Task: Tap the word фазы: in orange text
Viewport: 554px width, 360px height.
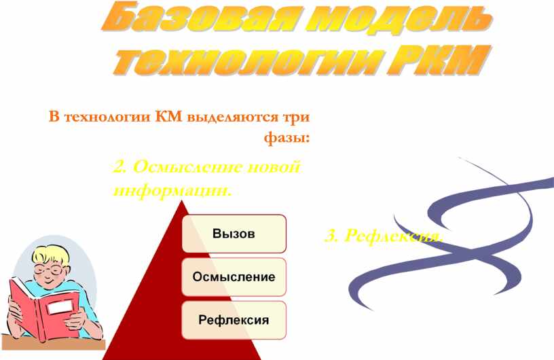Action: click(287, 139)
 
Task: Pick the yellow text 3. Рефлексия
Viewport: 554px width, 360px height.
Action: click(384, 236)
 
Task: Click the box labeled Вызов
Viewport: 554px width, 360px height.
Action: click(233, 234)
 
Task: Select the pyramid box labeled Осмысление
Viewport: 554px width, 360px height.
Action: click(233, 277)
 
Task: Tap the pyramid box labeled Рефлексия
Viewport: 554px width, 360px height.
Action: click(233, 320)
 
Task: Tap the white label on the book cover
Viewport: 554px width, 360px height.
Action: click(59, 308)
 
